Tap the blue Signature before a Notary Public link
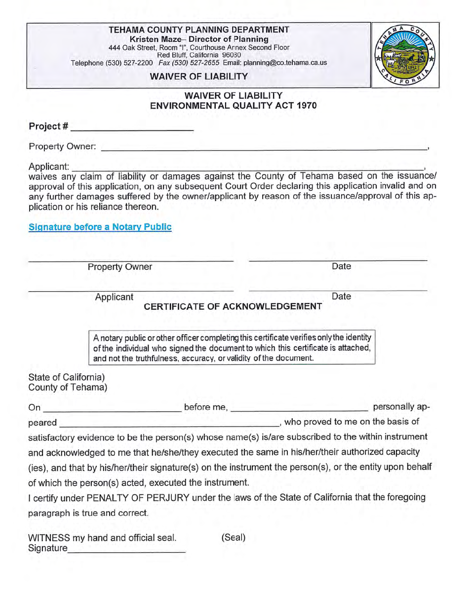100,227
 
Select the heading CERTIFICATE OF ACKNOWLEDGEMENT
233,307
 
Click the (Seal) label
233,537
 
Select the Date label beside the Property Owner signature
342,266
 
